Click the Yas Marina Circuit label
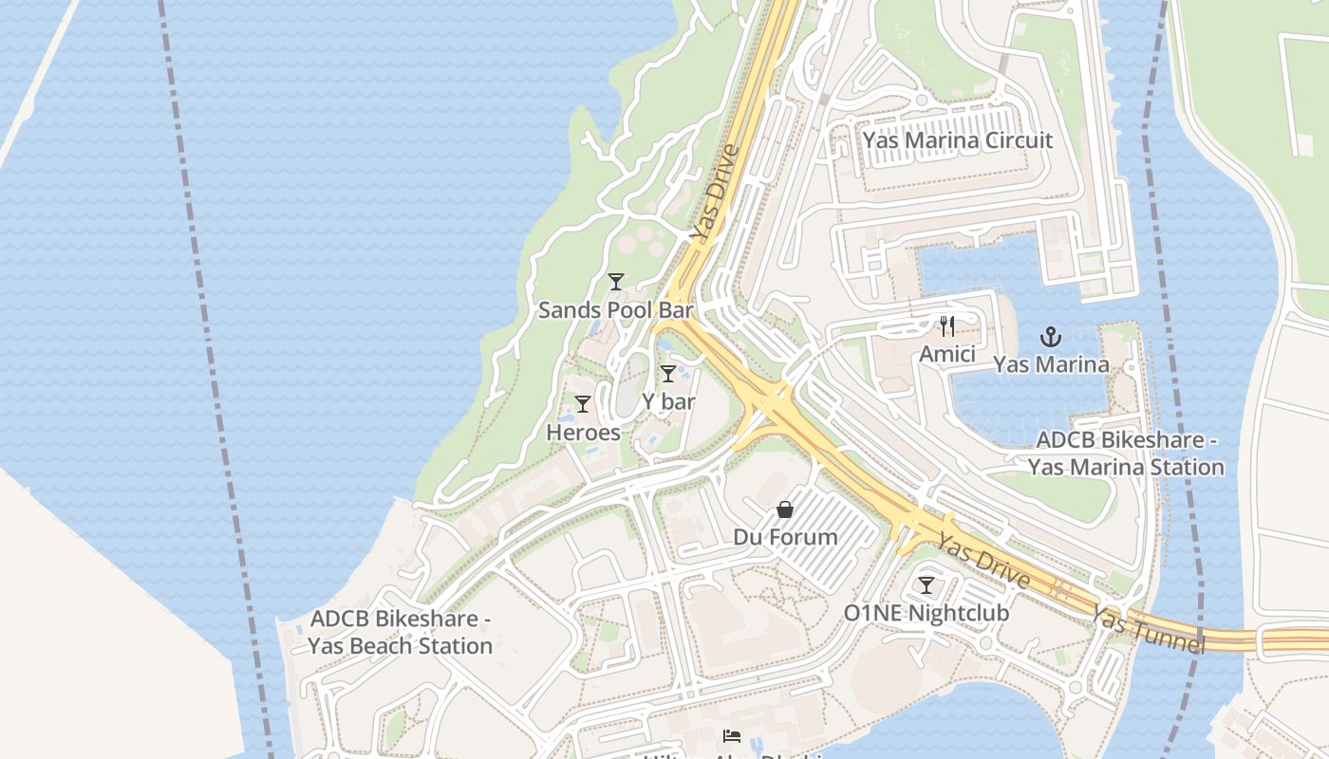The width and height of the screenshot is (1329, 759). coord(957,140)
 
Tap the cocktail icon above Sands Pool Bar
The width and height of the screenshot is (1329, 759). coord(616,281)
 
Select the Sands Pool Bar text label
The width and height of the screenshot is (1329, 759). coord(616,310)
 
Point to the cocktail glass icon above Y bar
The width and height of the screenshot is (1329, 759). coord(668,373)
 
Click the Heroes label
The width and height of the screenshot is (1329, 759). coord(583,433)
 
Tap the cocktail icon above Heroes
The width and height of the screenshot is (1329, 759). coord(583,404)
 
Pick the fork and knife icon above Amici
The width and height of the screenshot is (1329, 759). coord(946,326)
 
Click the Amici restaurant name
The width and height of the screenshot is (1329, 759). coord(946,354)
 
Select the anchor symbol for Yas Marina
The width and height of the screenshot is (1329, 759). coord(1050,336)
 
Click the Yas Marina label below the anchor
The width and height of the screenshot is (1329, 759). coord(1050,364)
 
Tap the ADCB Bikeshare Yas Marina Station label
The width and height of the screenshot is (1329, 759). coord(1126,454)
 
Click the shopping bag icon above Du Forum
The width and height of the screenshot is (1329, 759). coord(785,509)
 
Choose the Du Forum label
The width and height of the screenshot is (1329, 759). coord(785,537)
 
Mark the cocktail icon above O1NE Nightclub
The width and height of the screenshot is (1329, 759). coord(926,584)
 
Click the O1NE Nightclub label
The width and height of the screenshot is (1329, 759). coord(926,613)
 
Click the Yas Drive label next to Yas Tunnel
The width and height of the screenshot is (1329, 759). coord(983,561)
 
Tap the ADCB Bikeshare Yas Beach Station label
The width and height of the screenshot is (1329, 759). coord(400,633)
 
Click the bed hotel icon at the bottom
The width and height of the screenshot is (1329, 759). coord(731,735)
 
